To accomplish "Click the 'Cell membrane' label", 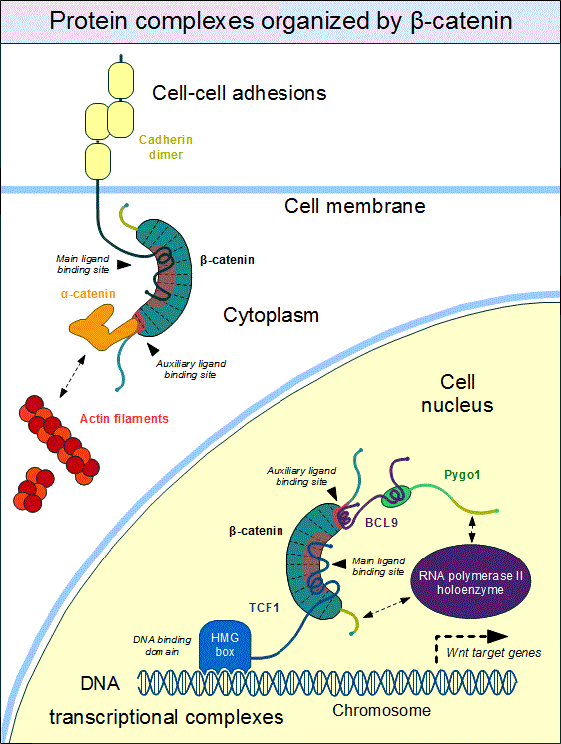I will (354, 206).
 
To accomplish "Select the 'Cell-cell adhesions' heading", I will (240, 93).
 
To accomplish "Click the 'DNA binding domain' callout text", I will (164, 645).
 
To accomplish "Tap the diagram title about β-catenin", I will (280, 21).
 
